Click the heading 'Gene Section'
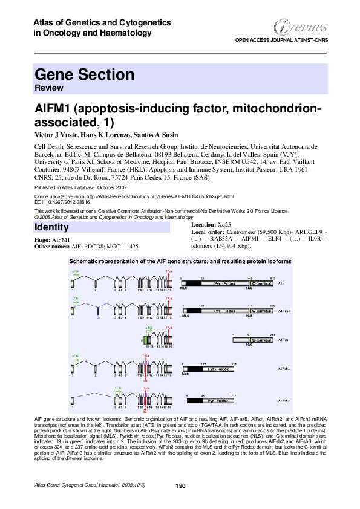coord(85,75)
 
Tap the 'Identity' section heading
coord(51,228)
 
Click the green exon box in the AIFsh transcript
coord(148,339)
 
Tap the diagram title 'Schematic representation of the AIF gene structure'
coord(180,261)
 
